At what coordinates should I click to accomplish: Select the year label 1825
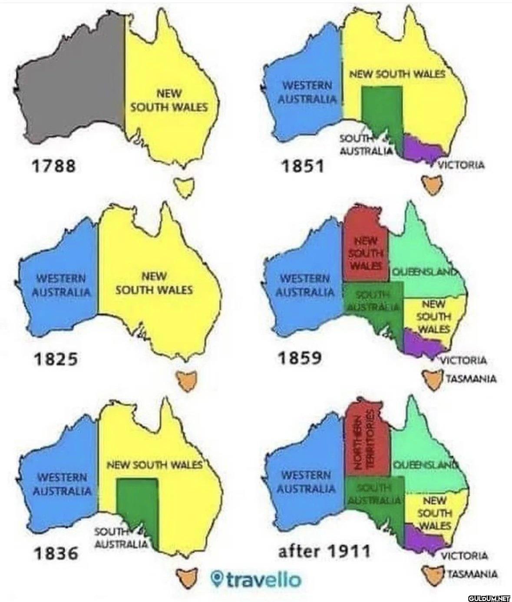(x=55, y=359)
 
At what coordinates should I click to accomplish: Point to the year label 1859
(x=300, y=358)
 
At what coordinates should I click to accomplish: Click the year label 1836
(x=56, y=553)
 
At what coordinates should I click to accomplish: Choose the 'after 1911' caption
(x=324, y=551)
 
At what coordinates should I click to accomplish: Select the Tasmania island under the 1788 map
(x=184, y=186)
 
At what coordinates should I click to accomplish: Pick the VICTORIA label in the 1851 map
(x=460, y=165)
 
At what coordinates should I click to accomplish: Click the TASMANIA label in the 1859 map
(x=472, y=379)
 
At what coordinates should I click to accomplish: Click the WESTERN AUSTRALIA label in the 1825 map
(x=62, y=285)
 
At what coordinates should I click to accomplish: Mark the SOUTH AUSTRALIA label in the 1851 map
(x=365, y=145)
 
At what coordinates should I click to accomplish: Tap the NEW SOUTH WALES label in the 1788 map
(x=169, y=100)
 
